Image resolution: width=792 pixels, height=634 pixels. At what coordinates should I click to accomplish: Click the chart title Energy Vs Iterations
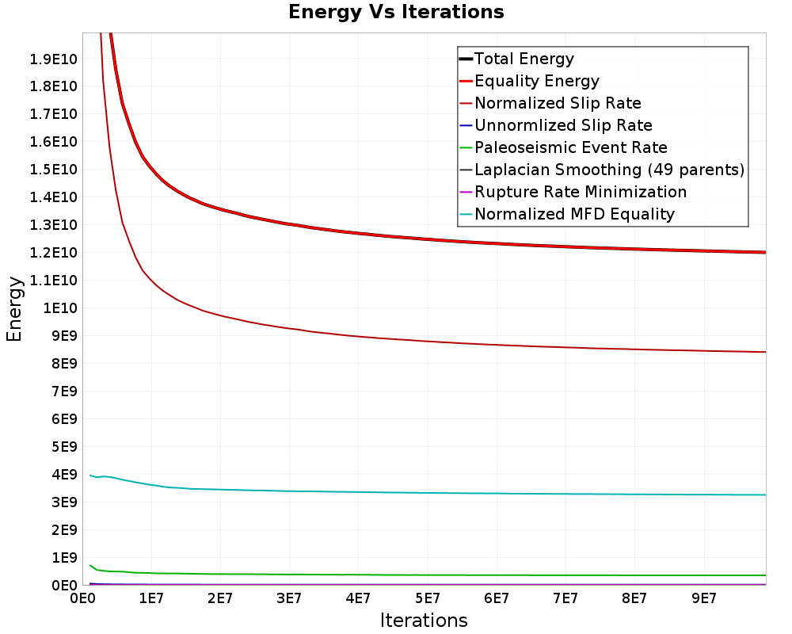click(396, 12)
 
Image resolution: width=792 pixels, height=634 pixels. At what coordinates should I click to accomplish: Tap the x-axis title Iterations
click(424, 620)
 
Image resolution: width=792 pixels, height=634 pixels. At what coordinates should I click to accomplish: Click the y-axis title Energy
click(14, 309)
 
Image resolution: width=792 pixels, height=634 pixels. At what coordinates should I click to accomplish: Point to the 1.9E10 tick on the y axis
click(54, 59)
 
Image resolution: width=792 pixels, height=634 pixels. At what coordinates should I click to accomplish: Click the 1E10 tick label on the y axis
click(60, 308)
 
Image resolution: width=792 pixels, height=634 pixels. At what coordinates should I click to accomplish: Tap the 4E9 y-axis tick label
click(64, 474)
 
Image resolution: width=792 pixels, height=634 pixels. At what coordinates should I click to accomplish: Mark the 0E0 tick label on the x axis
click(83, 598)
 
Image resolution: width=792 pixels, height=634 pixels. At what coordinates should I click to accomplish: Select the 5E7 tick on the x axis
click(428, 598)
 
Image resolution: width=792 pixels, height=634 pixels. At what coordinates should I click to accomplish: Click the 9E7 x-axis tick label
click(703, 598)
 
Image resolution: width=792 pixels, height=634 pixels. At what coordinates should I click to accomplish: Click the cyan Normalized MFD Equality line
click(428, 492)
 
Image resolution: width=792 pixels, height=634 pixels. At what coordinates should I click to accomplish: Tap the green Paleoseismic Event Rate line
click(428, 575)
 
